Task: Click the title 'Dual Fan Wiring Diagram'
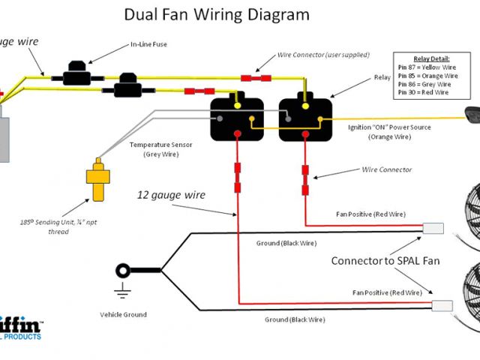(216, 15)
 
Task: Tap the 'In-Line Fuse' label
(148, 45)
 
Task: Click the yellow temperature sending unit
(97, 180)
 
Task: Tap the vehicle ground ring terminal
(121, 270)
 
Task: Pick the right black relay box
(304, 118)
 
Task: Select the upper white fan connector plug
(433, 229)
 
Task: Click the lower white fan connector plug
(442, 305)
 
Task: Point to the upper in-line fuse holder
(76, 75)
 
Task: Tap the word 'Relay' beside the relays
(382, 77)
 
